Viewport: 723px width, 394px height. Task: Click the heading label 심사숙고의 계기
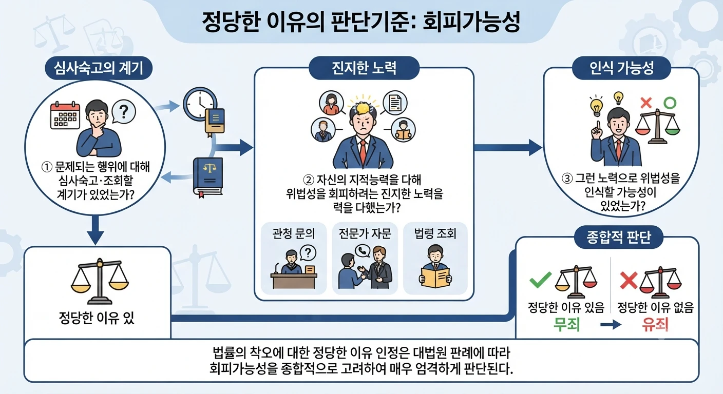[99, 68]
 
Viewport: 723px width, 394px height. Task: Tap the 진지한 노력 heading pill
[364, 68]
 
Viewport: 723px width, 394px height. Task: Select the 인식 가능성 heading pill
[621, 68]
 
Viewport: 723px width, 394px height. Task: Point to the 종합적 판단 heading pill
[618, 237]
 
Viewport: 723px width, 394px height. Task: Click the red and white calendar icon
[65, 115]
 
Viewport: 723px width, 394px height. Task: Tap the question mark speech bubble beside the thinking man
[124, 111]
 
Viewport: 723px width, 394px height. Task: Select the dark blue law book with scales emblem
[208, 176]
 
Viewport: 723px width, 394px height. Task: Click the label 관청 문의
[293, 233]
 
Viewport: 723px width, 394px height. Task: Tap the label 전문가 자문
[365, 233]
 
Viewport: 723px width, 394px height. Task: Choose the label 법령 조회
[435, 233]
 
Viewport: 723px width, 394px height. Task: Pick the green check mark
[541, 280]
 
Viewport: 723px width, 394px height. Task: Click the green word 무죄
[567, 324]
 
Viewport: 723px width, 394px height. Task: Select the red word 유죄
[655, 324]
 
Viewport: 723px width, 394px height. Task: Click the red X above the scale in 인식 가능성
[646, 103]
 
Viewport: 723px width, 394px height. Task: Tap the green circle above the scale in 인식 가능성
[670, 103]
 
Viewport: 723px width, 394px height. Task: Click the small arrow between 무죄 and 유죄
[611, 324]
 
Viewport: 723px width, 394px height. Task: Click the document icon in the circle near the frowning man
[395, 103]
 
